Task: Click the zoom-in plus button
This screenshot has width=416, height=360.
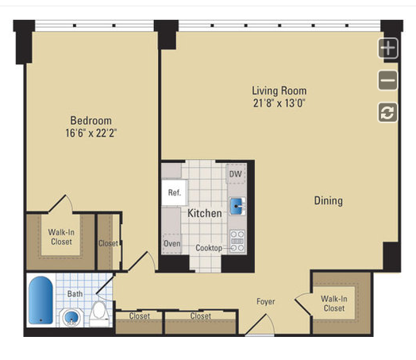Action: pyautogui.click(x=388, y=48)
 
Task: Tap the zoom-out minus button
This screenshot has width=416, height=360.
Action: pyautogui.click(x=388, y=80)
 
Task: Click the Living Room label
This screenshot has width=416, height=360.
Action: pyautogui.click(x=279, y=91)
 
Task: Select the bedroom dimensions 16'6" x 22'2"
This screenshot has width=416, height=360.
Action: pyautogui.click(x=91, y=133)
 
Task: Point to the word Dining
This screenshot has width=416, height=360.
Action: pyautogui.click(x=328, y=201)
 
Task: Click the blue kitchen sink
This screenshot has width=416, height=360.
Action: pyautogui.click(x=236, y=206)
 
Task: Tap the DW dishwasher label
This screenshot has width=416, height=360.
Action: pyautogui.click(x=235, y=174)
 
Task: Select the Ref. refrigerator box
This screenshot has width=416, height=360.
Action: pyautogui.click(x=175, y=192)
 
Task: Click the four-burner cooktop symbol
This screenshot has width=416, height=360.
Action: pyautogui.click(x=237, y=241)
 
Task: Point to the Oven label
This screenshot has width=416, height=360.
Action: pyautogui.click(x=172, y=243)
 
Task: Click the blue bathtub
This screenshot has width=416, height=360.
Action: pyautogui.click(x=40, y=300)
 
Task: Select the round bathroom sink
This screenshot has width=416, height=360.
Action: pyautogui.click(x=71, y=317)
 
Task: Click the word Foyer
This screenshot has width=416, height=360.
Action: pyautogui.click(x=266, y=302)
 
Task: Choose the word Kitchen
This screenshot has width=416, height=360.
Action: pyautogui.click(x=205, y=213)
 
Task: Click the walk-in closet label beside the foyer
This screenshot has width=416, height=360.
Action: pyautogui.click(x=334, y=304)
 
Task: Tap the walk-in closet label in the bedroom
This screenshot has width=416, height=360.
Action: pyautogui.click(x=61, y=237)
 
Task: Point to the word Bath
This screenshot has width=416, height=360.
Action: pyautogui.click(x=75, y=294)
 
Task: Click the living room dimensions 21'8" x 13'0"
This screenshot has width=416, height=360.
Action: pyautogui.click(x=279, y=103)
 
